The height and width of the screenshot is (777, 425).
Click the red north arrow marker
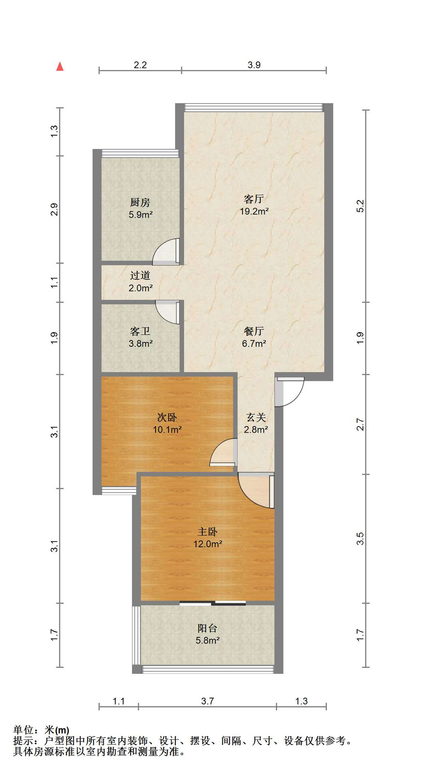[x=60, y=66]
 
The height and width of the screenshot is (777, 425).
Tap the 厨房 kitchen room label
[x=140, y=202]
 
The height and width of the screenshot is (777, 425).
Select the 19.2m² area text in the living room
[x=254, y=211]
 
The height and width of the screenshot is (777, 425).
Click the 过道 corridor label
[x=140, y=276]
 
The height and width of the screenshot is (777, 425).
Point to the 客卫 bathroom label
[x=140, y=331]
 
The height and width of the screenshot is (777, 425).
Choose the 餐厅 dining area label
[x=254, y=331]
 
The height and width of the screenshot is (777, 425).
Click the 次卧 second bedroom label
[x=167, y=417]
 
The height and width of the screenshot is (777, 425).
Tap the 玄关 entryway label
[x=256, y=417]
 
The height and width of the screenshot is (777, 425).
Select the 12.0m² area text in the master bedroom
[x=208, y=544]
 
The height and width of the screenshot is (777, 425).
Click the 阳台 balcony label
[x=208, y=628]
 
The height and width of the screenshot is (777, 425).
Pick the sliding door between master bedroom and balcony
[x=213, y=603]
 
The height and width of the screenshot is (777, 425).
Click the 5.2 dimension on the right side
[x=360, y=206]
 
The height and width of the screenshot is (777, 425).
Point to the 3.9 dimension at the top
[x=254, y=65]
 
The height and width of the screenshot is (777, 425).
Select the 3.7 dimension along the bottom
[x=208, y=701]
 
